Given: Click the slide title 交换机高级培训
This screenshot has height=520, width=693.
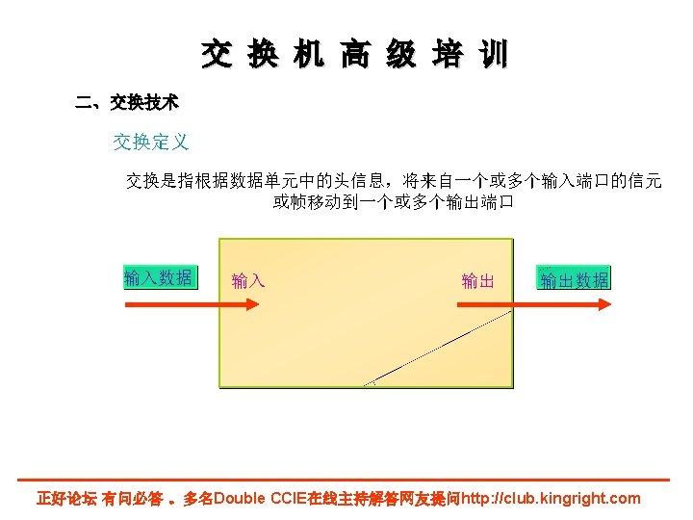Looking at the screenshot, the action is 354,55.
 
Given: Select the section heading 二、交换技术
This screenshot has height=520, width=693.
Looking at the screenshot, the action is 127,101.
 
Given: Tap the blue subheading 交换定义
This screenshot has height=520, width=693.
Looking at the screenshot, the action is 151,143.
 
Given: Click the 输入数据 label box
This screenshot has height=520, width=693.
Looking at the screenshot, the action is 159,278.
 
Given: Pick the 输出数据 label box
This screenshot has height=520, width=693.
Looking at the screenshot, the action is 575,280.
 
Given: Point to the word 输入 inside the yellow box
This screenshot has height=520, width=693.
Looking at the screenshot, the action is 248,281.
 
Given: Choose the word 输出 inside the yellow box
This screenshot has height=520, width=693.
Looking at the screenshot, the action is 477,281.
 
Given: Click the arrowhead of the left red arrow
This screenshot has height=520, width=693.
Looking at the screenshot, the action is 251,304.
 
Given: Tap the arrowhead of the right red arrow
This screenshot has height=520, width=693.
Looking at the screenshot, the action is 603,304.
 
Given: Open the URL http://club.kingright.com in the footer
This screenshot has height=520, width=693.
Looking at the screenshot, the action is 551,499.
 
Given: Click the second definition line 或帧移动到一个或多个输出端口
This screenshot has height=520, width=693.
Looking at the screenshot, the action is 393,202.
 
